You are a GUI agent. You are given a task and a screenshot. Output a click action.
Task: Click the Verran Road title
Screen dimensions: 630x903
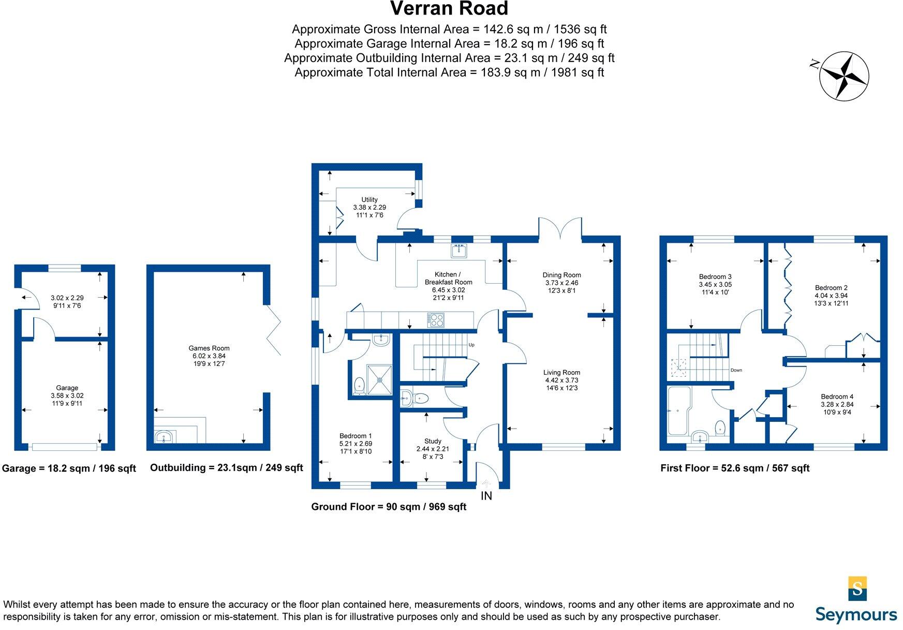tap(449, 9)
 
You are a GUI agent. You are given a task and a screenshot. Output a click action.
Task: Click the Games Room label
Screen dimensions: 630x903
tap(209, 348)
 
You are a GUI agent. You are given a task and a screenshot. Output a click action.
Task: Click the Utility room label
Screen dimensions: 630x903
tap(369, 199)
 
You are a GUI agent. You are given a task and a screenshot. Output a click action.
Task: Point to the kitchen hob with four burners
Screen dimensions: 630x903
tap(435, 319)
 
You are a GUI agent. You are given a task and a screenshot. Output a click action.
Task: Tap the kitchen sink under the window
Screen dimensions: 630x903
tap(458, 251)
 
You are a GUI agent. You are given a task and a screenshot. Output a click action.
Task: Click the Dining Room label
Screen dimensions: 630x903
tap(561, 275)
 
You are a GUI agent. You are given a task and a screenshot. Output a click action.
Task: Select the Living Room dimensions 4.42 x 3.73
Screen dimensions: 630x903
tap(561, 380)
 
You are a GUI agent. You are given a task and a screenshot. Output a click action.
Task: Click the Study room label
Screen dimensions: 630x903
tap(433, 441)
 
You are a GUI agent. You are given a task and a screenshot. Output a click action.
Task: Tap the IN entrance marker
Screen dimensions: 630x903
tap(486, 496)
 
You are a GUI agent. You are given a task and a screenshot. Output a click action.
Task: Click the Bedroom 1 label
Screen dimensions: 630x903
tap(356, 436)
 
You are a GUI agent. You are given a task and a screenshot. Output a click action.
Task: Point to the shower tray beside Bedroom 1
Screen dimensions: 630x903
tap(380, 379)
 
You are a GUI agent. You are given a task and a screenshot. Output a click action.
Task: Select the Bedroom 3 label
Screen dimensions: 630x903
tap(715, 276)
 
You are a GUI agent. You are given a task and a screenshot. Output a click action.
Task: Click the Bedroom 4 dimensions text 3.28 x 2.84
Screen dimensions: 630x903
tap(837, 404)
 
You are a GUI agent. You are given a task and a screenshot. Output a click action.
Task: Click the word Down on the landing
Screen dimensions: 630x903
tap(736, 370)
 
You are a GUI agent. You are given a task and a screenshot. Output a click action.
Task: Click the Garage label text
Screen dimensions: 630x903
tap(67, 388)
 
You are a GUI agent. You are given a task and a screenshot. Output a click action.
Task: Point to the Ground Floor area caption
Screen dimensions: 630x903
tap(388, 507)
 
